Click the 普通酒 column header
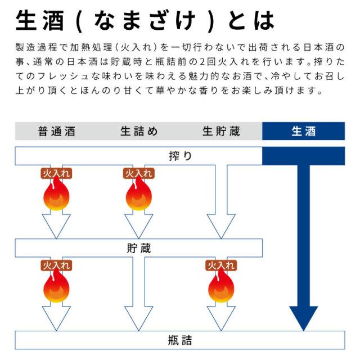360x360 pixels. tap(56, 132)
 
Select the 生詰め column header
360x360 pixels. tap(139, 132)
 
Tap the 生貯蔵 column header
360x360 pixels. tap(221, 132)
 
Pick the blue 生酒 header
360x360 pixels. tap(304, 132)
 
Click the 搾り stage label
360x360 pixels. tap(180, 156)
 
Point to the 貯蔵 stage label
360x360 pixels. tap(139, 247)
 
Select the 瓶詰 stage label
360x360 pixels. tap(180, 340)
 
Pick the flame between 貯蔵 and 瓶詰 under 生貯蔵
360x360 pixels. tap(221, 288)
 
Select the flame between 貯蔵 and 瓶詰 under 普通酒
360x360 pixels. tap(56, 288)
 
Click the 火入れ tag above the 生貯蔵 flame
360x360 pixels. tap(221, 265)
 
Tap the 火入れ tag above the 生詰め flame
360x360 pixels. tap(139, 173)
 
